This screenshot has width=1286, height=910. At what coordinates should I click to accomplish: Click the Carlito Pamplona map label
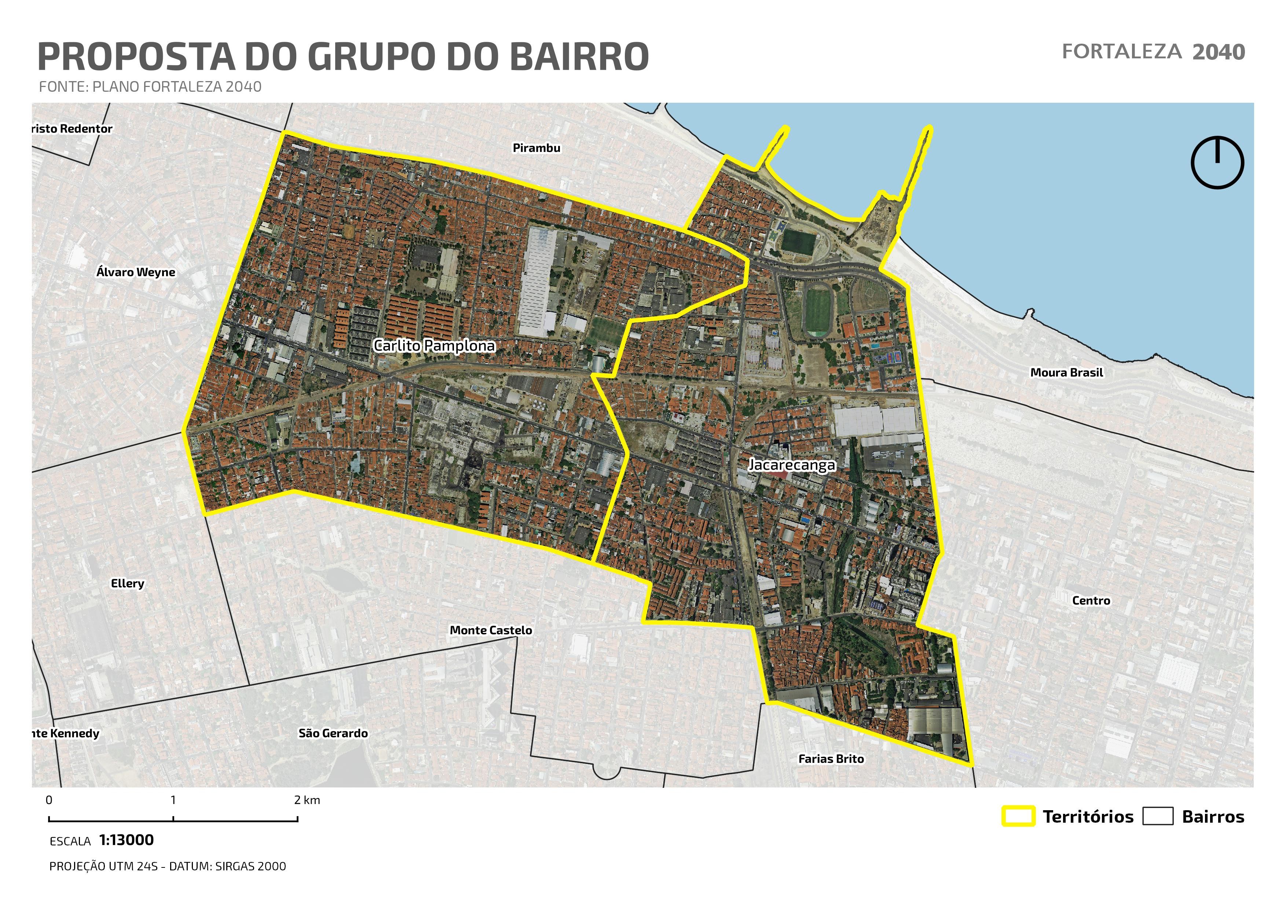[x=434, y=346]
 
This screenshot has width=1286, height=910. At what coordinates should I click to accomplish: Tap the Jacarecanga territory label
[x=791, y=465]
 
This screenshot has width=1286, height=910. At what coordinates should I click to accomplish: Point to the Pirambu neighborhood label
[x=536, y=148]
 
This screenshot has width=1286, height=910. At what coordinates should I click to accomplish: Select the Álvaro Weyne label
[x=136, y=272]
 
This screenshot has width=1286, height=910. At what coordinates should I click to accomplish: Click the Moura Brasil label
[x=1066, y=373]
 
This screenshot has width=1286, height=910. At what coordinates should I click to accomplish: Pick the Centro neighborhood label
[x=1091, y=601]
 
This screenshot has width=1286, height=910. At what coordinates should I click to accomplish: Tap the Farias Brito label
[x=831, y=759]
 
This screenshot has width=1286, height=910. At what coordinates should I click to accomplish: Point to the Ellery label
[x=127, y=583]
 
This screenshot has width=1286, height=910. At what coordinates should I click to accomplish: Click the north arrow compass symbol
[x=1217, y=163]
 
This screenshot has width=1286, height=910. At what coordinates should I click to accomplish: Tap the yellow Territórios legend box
[x=1018, y=816]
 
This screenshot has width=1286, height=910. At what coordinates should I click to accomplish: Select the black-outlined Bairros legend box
[x=1157, y=816]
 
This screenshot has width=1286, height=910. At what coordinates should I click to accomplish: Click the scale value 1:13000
[x=126, y=840]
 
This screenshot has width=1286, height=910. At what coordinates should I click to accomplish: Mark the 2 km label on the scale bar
[x=307, y=800]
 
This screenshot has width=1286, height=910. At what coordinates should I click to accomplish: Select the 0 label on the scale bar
[x=49, y=800]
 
